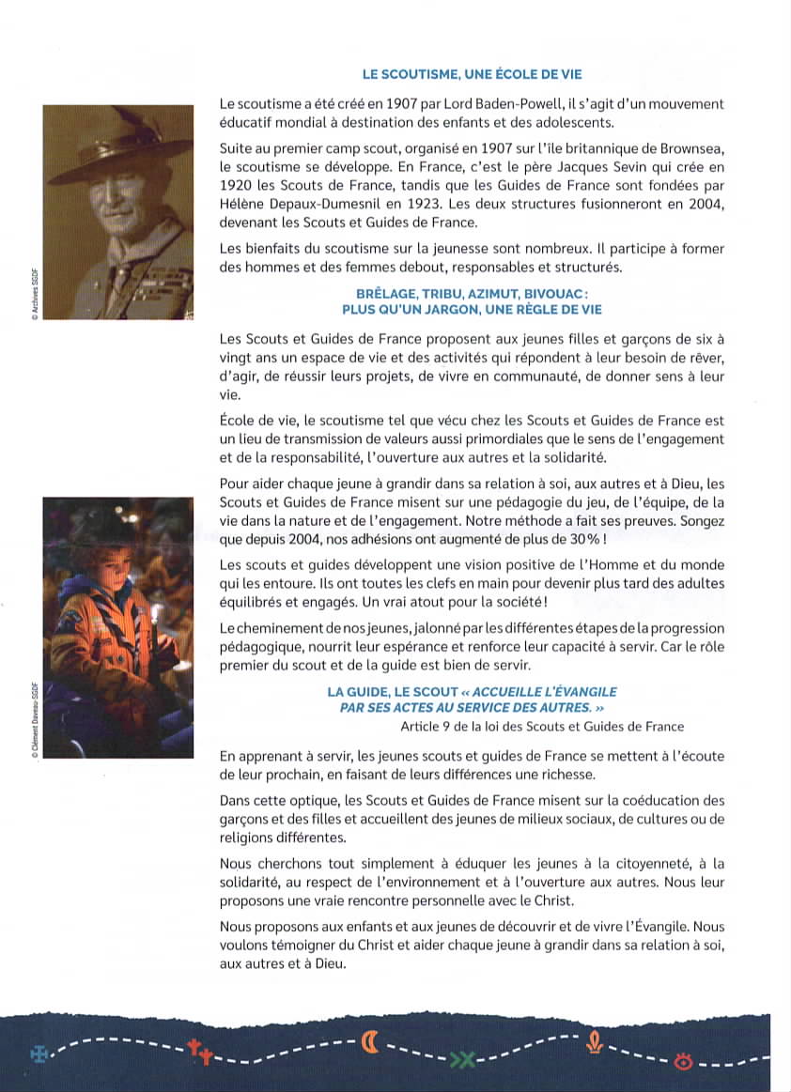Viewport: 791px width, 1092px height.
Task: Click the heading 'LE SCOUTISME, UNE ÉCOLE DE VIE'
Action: [478, 74]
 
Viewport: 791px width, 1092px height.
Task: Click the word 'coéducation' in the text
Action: [659, 801]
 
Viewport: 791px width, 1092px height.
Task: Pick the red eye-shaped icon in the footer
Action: [683, 1062]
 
